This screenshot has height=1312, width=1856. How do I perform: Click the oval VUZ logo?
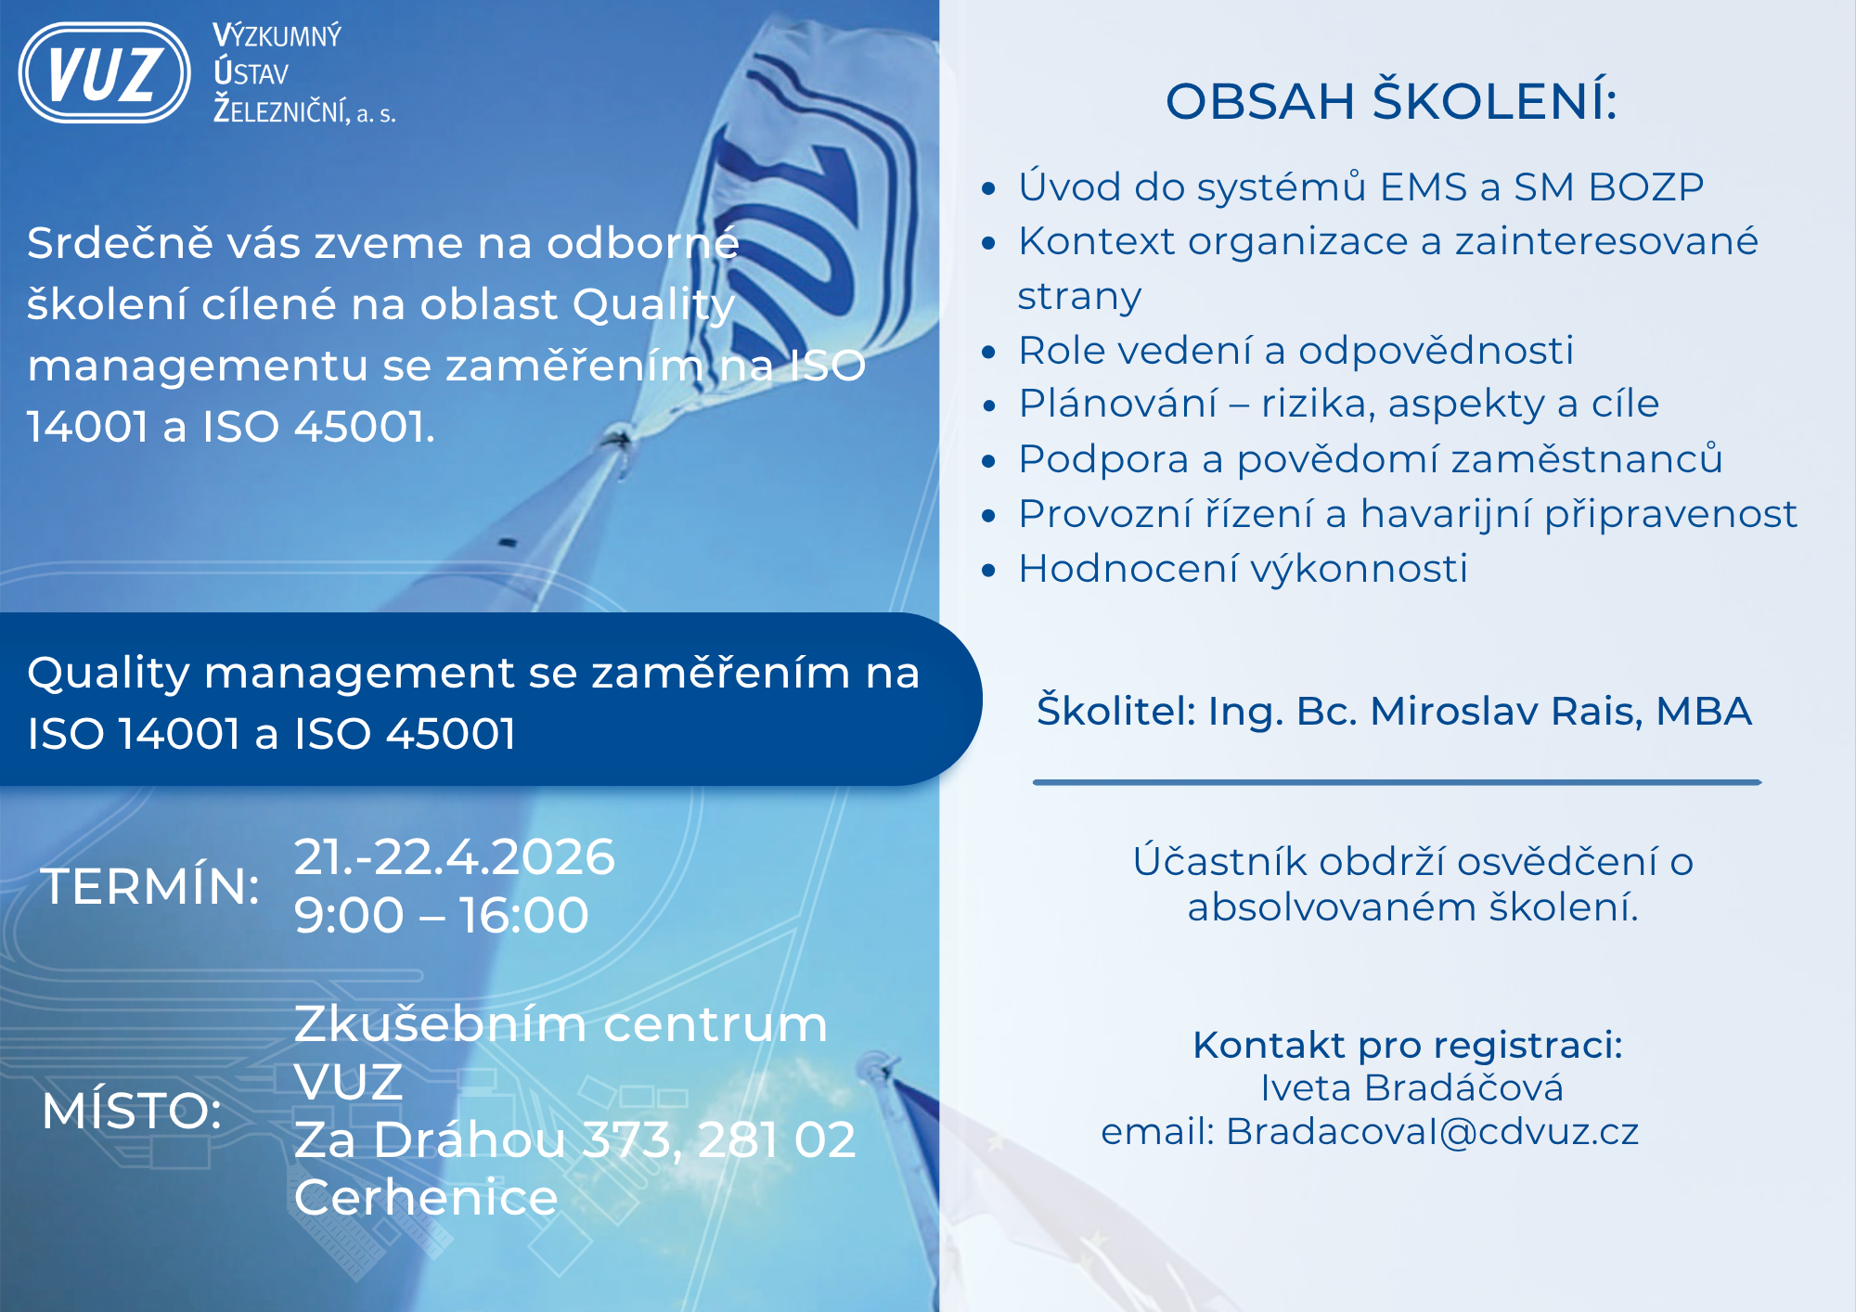(105, 73)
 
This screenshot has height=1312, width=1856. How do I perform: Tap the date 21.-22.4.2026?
(455, 856)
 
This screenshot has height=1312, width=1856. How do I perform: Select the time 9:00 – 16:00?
(442, 915)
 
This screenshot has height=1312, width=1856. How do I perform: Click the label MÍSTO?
(132, 1110)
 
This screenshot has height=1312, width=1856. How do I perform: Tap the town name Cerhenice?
(426, 1197)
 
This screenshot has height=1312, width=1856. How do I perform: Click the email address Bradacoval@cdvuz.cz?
(1433, 1131)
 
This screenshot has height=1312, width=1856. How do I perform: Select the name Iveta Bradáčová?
(1412, 1087)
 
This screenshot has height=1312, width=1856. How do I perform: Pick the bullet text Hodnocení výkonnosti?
(1244, 568)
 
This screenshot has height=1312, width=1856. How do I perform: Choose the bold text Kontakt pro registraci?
(1408, 1045)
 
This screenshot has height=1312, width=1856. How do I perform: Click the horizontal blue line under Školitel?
(1398, 782)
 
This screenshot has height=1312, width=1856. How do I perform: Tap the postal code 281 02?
(777, 1139)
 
